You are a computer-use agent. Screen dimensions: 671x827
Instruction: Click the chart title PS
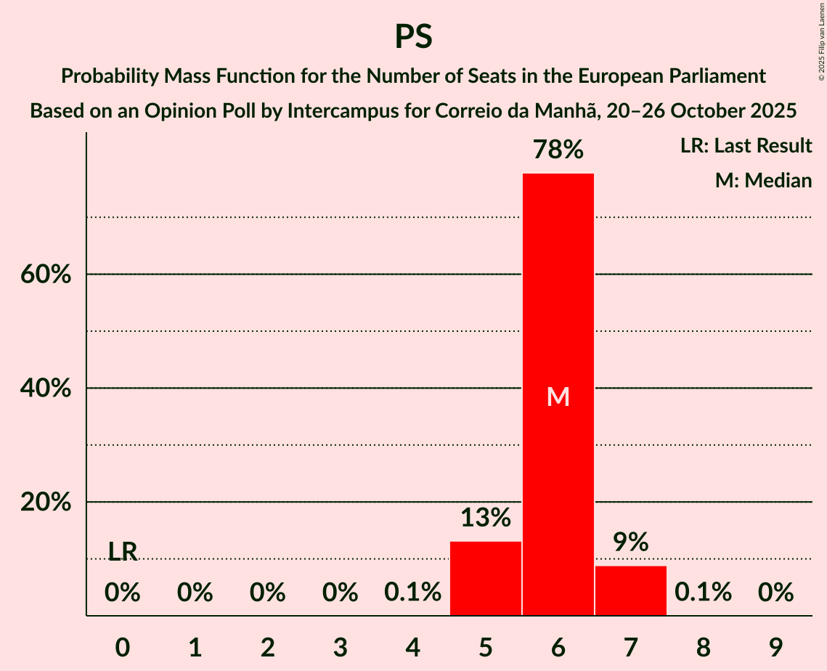(x=413, y=36)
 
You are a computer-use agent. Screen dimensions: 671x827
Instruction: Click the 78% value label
(x=558, y=150)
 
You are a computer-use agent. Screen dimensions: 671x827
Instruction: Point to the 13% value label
(x=486, y=518)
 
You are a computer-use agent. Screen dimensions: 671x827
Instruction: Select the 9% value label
(x=631, y=542)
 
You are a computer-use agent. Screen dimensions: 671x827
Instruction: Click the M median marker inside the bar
(x=558, y=396)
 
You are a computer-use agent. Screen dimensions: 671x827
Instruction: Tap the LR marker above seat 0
(x=123, y=552)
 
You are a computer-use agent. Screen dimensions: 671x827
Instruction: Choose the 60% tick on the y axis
(x=45, y=275)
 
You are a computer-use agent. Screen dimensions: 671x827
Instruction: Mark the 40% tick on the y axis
(x=45, y=389)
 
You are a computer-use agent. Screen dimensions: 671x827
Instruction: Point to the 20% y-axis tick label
(x=45, y=503)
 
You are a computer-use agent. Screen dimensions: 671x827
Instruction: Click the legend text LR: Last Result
(x=746, y=146)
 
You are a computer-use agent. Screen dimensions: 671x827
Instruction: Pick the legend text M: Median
(x=763, y=180)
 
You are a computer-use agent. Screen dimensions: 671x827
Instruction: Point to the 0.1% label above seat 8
(x=703, y=593)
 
